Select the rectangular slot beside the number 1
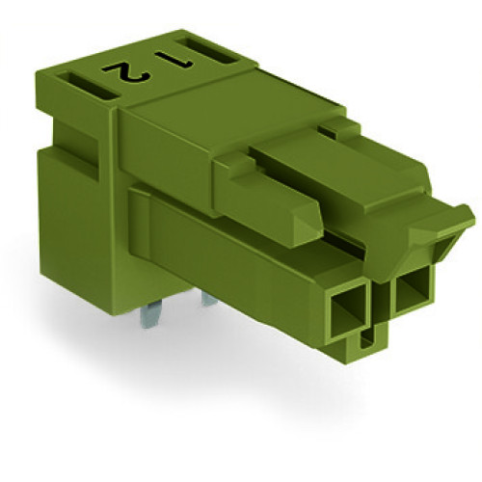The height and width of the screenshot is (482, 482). coord(209,49)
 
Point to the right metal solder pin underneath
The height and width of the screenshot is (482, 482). coord(209,301)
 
